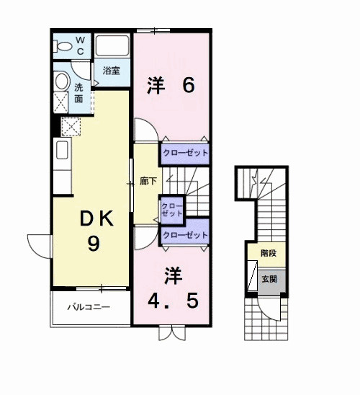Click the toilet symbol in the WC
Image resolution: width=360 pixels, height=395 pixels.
coord(63,47)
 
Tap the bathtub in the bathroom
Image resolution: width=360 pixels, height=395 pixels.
coord(112,45)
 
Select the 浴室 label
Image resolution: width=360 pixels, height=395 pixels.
coord(111,71)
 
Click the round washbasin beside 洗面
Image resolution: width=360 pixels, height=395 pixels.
coord(62,81)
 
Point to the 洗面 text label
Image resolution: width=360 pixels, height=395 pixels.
coord(78,93)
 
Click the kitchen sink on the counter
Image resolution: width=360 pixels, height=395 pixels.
coord(62,150)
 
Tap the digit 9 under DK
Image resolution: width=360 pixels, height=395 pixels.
coord(94,243)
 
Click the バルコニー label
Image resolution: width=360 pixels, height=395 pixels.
coord(89,307)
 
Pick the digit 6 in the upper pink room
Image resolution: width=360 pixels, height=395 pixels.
coord(189,85)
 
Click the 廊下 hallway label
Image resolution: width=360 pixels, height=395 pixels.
coord(148,181)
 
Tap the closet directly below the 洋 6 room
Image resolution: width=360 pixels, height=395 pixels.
coord(185,153)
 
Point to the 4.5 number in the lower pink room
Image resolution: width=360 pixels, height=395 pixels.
coord(173,301)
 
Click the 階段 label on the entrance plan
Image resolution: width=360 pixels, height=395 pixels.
coord(269,253)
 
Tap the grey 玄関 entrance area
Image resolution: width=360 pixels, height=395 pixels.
coord(271,282)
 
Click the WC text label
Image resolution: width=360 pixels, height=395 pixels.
coord(80,45)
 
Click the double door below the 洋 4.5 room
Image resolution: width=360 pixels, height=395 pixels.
coord(172,333)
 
